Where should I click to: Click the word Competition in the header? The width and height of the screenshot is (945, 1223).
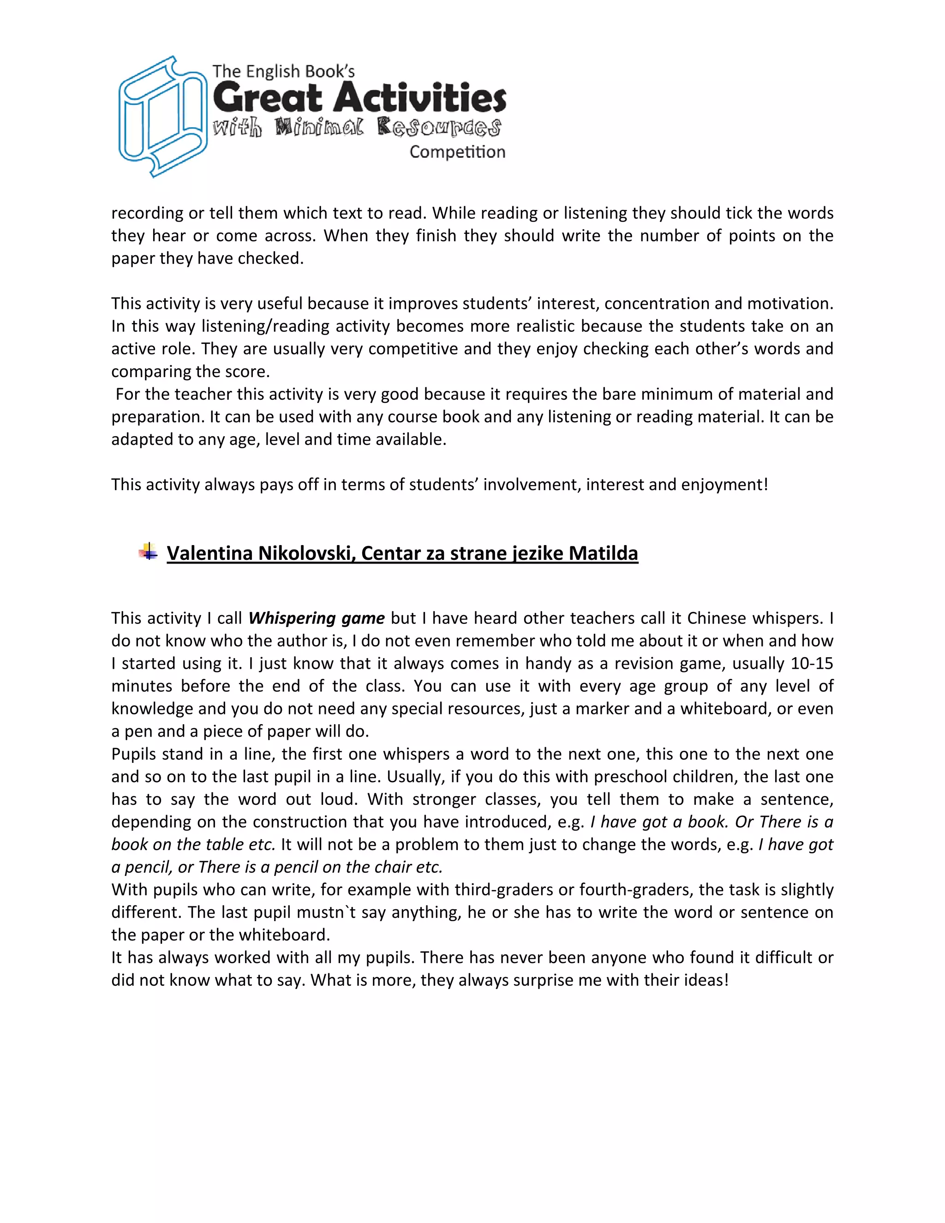point(457,152)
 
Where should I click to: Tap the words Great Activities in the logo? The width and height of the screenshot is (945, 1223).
point(359,98)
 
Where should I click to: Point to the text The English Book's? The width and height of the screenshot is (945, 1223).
point(283,72)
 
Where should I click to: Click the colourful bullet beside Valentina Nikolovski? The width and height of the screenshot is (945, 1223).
point(148,552)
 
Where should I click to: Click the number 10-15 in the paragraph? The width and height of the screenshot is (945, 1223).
point(812,664)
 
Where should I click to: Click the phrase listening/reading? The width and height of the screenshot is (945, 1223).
point(264,326)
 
